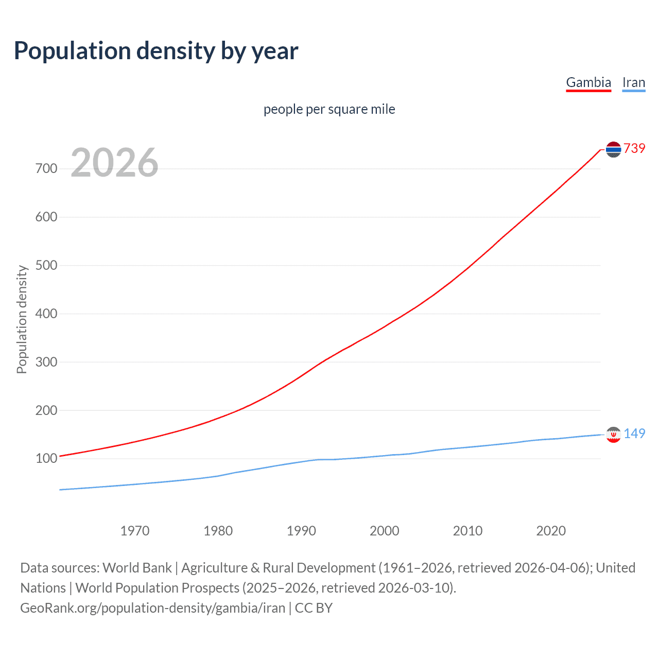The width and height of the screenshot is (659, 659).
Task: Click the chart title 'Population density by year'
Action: (x=156, y=51)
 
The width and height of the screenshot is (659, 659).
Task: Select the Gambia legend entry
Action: (x=588, y=82)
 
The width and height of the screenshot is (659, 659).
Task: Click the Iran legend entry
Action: (x=633, y=82)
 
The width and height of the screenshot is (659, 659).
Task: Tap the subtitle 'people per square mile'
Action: (x=329, y=109)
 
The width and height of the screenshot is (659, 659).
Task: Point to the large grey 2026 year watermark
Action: (x=114, y=163)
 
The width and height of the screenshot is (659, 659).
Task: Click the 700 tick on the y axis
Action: (x=46, y=168)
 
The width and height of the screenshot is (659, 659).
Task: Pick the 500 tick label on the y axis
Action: (x=46, y=265)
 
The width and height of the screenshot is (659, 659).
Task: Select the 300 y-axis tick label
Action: (x=46, y=362)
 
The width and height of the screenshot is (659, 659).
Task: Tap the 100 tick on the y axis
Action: (x=46, y=458)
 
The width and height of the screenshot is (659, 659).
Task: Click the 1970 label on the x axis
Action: (x=135, y=531)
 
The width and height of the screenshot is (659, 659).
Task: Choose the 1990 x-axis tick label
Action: (x=301, y=531)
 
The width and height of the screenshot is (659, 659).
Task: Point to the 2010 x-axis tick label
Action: (x=467, y=531)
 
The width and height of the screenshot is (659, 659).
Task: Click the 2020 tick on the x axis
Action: (x=551, y=531)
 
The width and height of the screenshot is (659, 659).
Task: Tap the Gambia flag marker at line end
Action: (x=613, y=149)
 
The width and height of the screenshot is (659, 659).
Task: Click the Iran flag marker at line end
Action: (x=613, y=435)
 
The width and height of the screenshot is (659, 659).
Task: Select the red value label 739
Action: (x=634, y=148)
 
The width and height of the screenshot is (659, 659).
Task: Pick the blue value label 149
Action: (x=634, y=433)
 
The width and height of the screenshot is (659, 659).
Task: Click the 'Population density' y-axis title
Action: (x=22, y=319)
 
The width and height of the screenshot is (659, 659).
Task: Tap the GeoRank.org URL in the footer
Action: (x=152, y=608)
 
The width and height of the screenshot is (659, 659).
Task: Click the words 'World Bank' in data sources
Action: (x=137, y=568)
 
